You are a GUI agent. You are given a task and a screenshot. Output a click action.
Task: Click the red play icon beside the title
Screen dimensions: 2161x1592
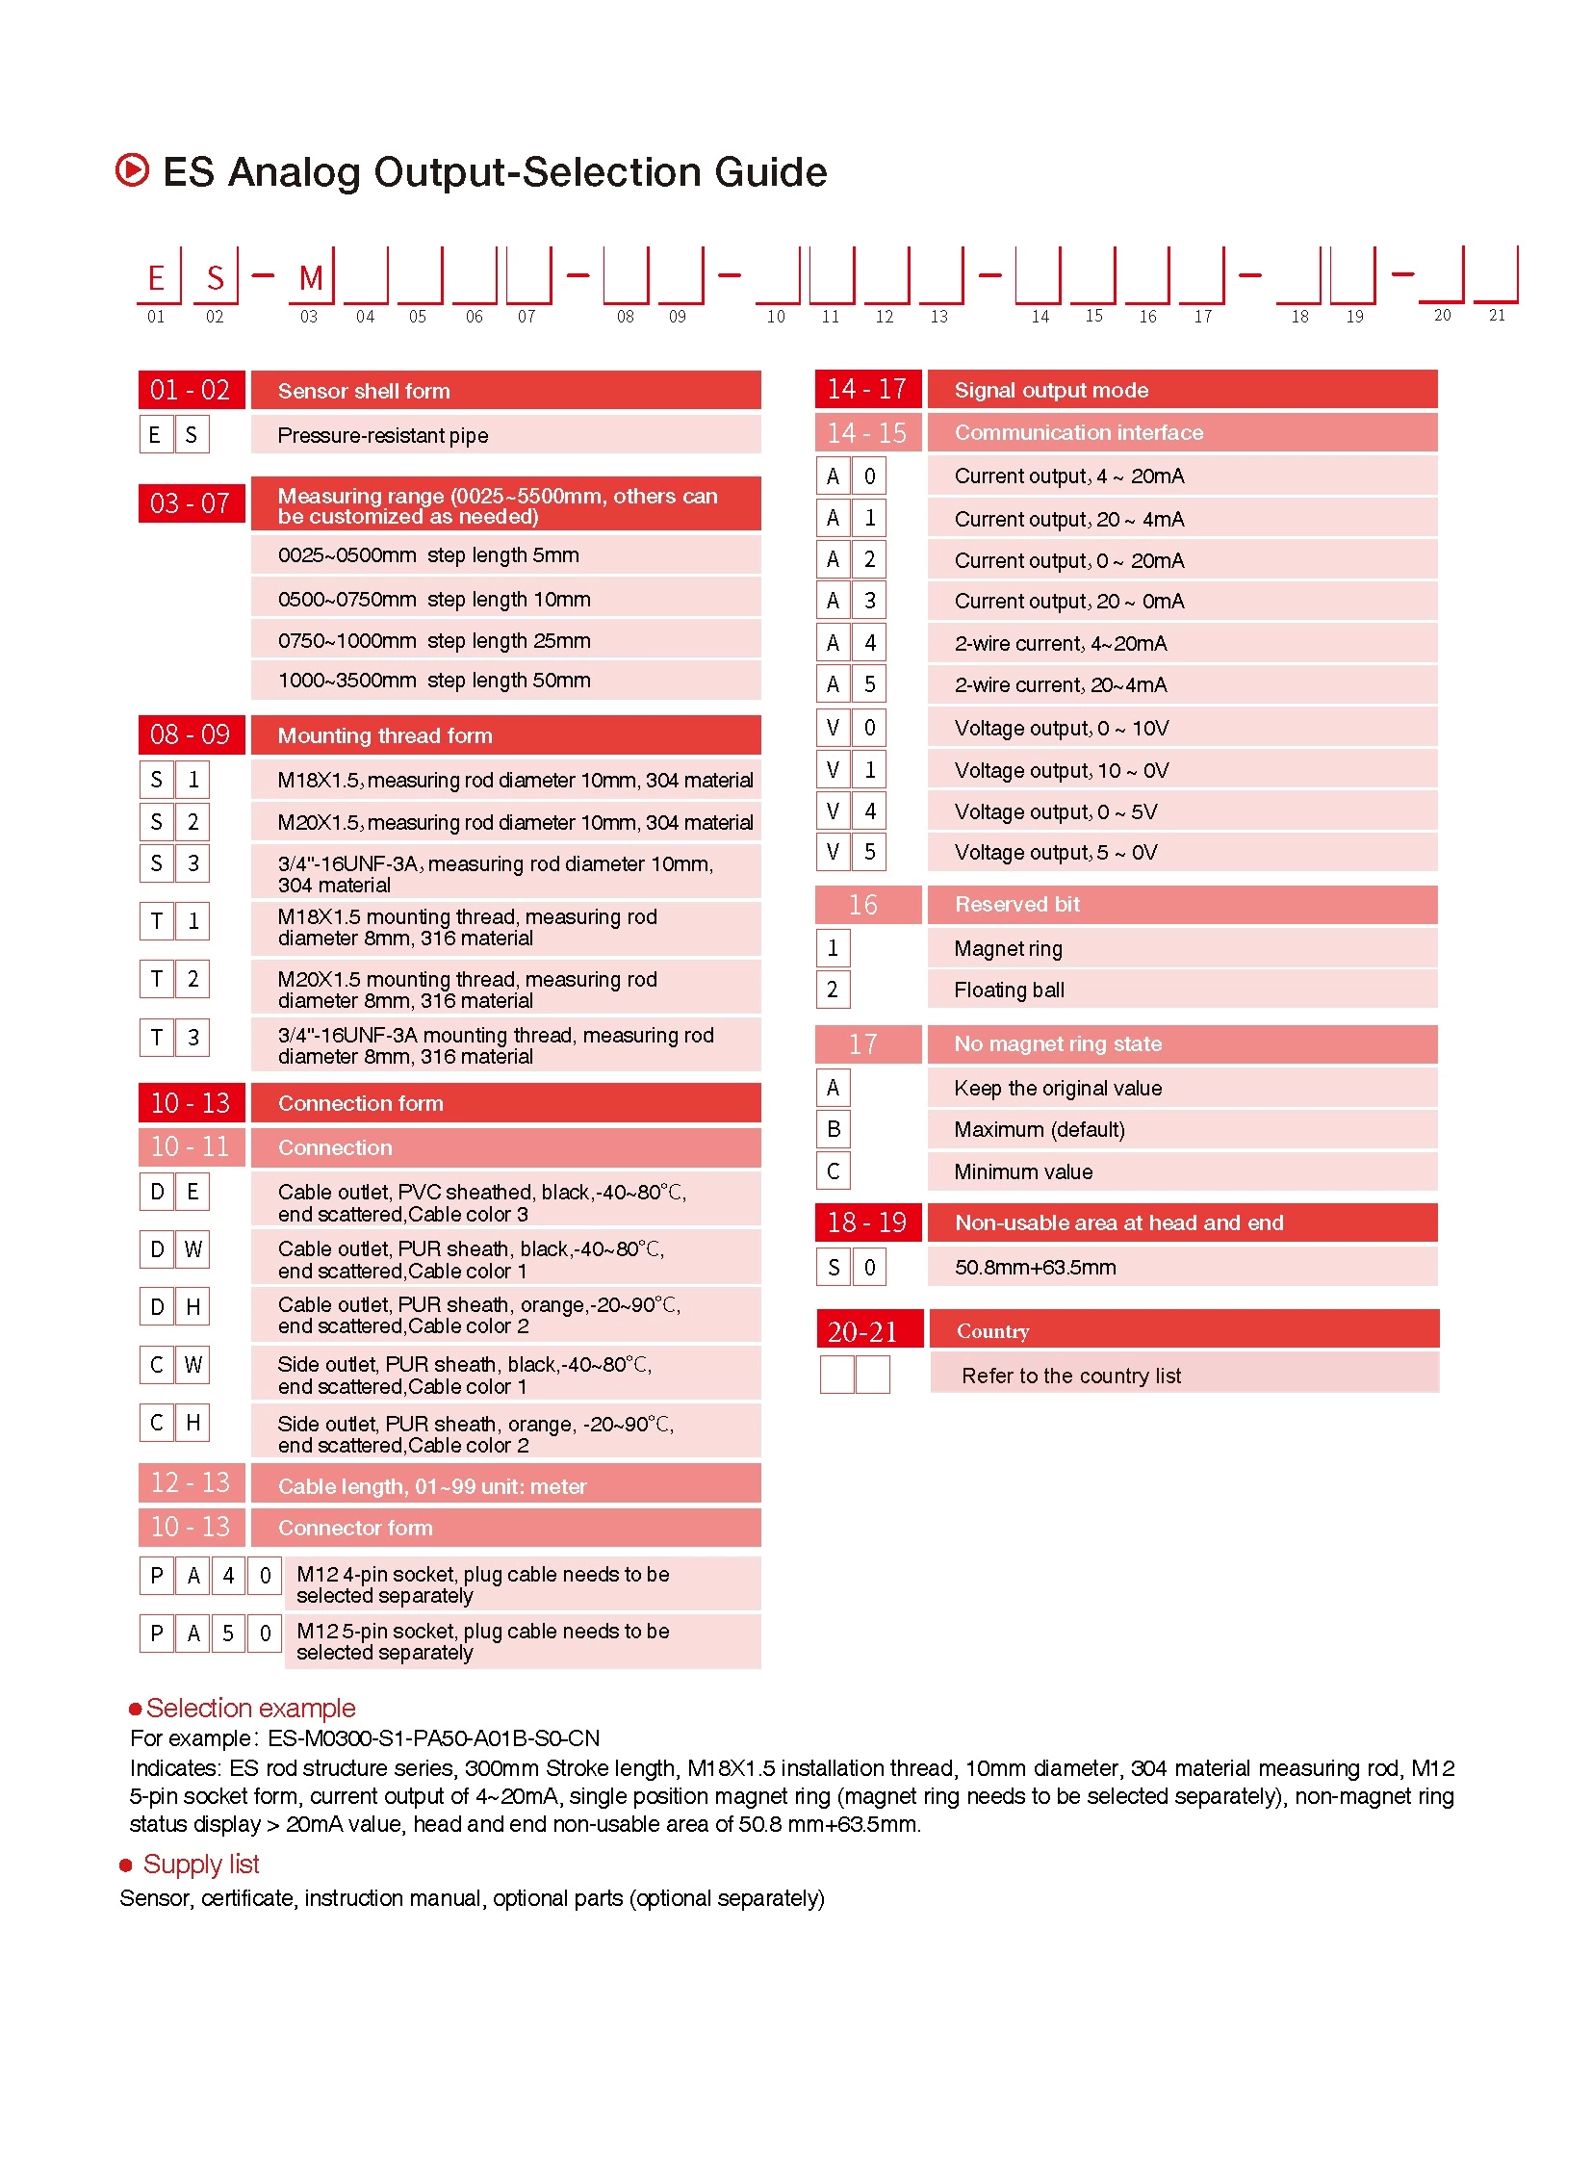point(132,170)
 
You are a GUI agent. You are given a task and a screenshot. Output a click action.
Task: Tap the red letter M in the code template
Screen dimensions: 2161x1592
point(310,278)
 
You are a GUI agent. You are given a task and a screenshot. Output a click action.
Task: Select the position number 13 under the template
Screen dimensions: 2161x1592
point(938,317)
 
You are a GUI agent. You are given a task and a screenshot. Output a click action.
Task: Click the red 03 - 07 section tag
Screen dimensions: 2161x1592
point(191,504)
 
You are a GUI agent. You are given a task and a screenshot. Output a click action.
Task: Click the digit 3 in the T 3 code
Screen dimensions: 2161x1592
point(193,1037)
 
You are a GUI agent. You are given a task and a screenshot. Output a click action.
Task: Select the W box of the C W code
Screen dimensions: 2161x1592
point(193,1365)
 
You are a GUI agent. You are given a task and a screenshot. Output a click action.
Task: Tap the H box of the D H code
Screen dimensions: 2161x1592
point(193,1307)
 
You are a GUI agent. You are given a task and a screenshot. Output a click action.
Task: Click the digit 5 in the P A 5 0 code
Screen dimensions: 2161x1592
point(228,1634)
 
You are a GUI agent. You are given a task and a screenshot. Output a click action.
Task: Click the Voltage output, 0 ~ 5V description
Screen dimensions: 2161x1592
point(1055,811)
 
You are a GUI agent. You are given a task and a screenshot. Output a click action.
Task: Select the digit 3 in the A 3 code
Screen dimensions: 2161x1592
point(869,602)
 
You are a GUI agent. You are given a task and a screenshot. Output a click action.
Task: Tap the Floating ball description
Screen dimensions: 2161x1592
point(1009,990)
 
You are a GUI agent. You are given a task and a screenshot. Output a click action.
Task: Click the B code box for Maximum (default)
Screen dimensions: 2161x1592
point(834,1129)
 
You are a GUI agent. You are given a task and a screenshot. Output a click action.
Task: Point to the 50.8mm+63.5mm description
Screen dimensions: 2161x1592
point(1035,1268)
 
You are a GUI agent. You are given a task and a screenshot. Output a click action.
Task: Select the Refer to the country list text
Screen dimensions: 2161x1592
point(1070,1376)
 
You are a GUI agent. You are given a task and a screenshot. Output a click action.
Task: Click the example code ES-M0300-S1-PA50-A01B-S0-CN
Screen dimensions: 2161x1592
point(434,1737)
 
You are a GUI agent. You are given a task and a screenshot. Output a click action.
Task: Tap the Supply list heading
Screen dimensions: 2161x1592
point(200,1865)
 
